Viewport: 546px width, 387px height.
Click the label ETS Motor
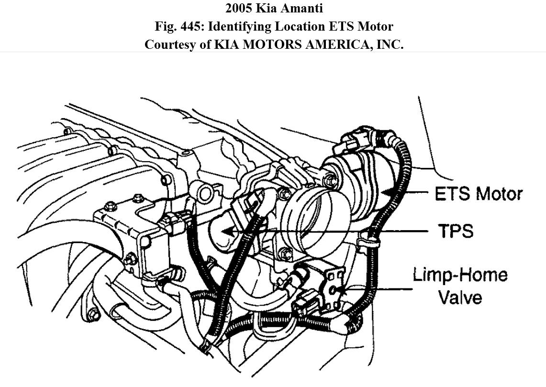(x=478, y=194)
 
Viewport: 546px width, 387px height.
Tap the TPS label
(x=456, y=231)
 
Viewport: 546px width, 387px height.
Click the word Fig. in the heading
(x=166, y=26)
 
